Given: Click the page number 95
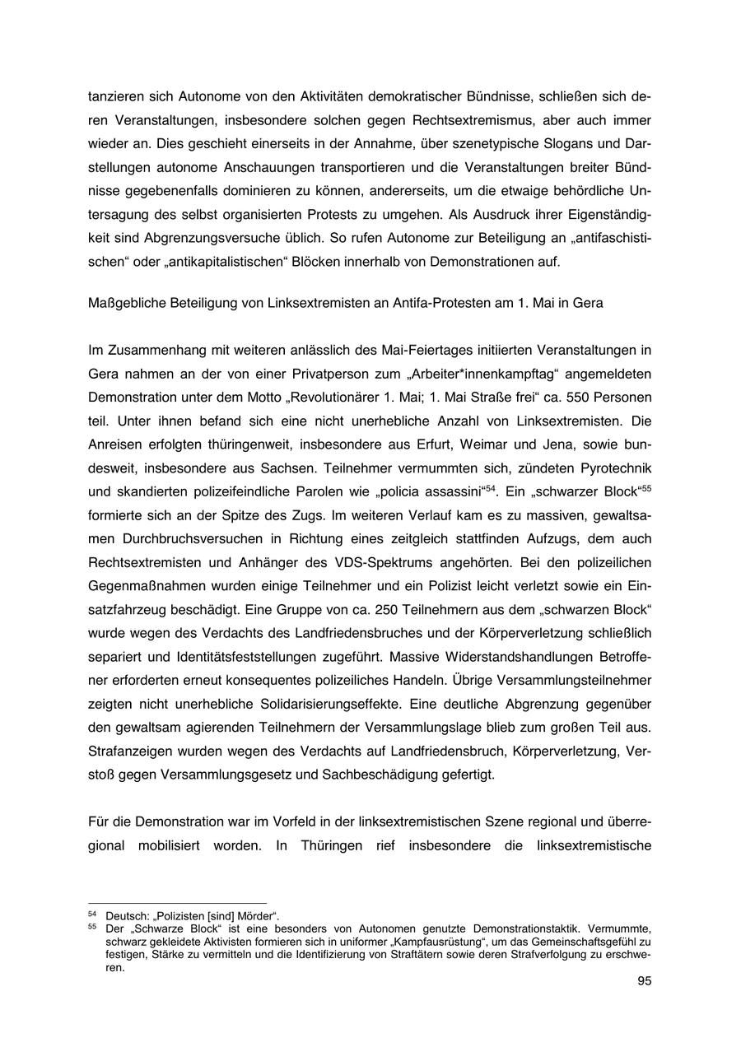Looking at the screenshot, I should click(644, 981).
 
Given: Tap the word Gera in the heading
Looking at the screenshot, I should click(588, 303).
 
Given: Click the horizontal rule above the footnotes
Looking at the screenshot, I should click(177, 903).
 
